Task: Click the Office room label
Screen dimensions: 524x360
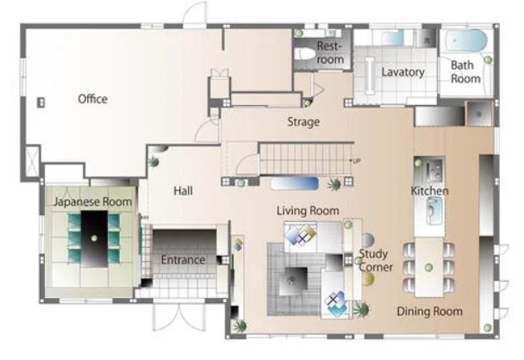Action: pyautogui.click(x=92, y=99)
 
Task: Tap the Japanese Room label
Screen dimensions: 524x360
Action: pyautogui.click(x=93, y=202)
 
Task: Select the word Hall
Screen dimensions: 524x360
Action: pyautogui.click(x=183, y=190)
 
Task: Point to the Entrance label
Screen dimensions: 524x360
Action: pyautogui.click(x=183, y=260)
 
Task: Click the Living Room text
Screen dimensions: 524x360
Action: pyautogui.click(x=308, y=211)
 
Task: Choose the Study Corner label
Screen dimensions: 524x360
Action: pyautogui.click(x=375, y=260)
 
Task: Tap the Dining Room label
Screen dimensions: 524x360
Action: pyautogui.click(x=430, y=311)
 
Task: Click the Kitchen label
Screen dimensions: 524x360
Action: pyautogui.click(x=429, y=190)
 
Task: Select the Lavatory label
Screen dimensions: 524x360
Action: pyautogui.click(x=403, y=72)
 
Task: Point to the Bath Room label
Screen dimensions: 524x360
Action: pyautogui.click(x=465, y=71)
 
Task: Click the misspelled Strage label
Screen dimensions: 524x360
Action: pyautogui.click(x=303, y=122)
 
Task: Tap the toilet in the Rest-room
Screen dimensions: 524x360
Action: pyautogui.click(x=305, y=53)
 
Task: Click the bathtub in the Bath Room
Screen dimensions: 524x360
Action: pyautogui.click(x=466, y=40)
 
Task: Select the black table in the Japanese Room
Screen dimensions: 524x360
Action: pyautogui.click(x=94, y=239)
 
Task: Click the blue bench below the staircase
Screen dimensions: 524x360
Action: pyautogui.click(x=295, y=183)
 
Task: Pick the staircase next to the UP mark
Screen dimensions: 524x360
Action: pyautogui.click(x=306, y=159)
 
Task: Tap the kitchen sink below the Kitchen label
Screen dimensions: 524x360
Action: pyautogui.click(x=434, y=210)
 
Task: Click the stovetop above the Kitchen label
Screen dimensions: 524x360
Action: pyautogui.click(x=434, y=171)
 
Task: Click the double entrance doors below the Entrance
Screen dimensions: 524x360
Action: pyautogui.click(x=178, y=317)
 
